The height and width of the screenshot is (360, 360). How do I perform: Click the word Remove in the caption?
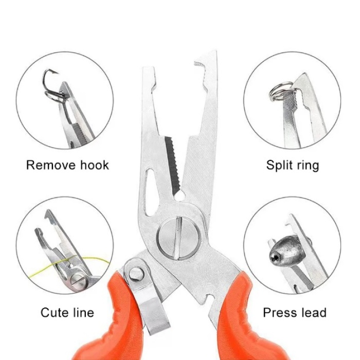[x=51, y=165]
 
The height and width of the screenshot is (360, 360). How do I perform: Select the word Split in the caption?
[x=278, y=166]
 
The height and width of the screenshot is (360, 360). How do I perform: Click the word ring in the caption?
[x=307, y=166]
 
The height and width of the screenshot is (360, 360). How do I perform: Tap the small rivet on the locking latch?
[x=136, y=274]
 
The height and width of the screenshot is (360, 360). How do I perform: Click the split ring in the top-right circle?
[x=280, y=92]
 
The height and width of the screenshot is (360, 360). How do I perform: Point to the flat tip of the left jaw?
[x=148, y=69]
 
